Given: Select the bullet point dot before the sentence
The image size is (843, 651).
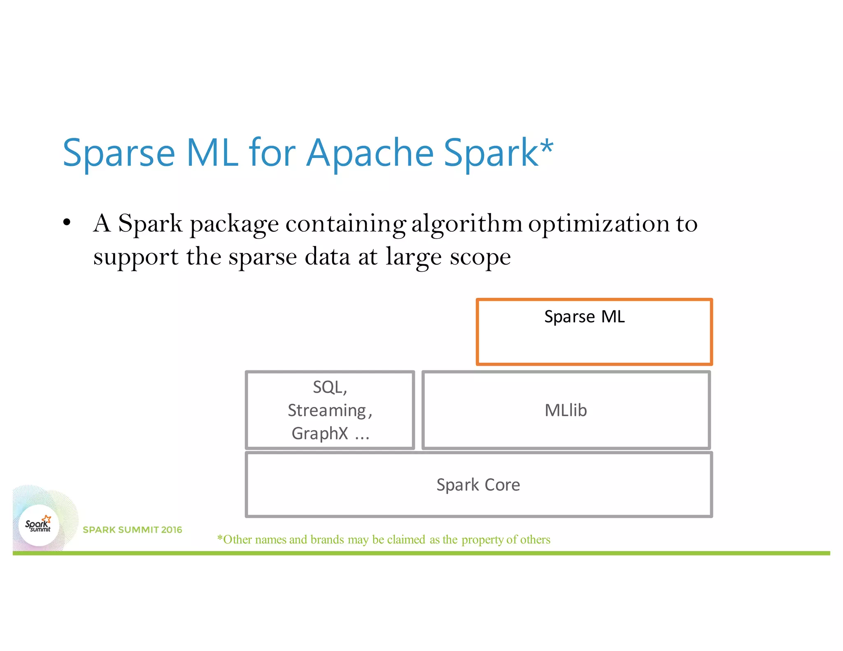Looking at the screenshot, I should point(67,223).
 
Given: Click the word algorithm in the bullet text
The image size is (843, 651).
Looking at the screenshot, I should point(467,224).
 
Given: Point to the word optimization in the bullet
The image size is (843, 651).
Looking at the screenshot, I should point(599,224).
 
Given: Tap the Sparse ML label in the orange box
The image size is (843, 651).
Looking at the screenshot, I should point(584,317).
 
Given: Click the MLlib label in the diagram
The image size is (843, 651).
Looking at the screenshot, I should point(566,410).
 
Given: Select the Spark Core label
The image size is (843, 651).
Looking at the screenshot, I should point(478,485).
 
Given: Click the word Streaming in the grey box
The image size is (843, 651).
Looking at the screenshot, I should point(327,411).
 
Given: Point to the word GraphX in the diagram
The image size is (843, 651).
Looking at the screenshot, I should point(320,433).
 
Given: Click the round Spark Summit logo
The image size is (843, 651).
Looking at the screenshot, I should point(39,525).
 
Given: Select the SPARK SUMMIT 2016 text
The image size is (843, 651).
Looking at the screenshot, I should point(132,530).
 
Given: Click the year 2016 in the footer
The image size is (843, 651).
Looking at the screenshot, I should point(171,530).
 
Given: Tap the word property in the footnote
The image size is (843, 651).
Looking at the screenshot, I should point(482,539).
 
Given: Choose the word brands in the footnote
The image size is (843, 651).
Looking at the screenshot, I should point(327,539).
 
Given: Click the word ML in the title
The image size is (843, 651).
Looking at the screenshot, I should point(212,153).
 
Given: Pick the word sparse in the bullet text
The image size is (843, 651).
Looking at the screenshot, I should point(263,257).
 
